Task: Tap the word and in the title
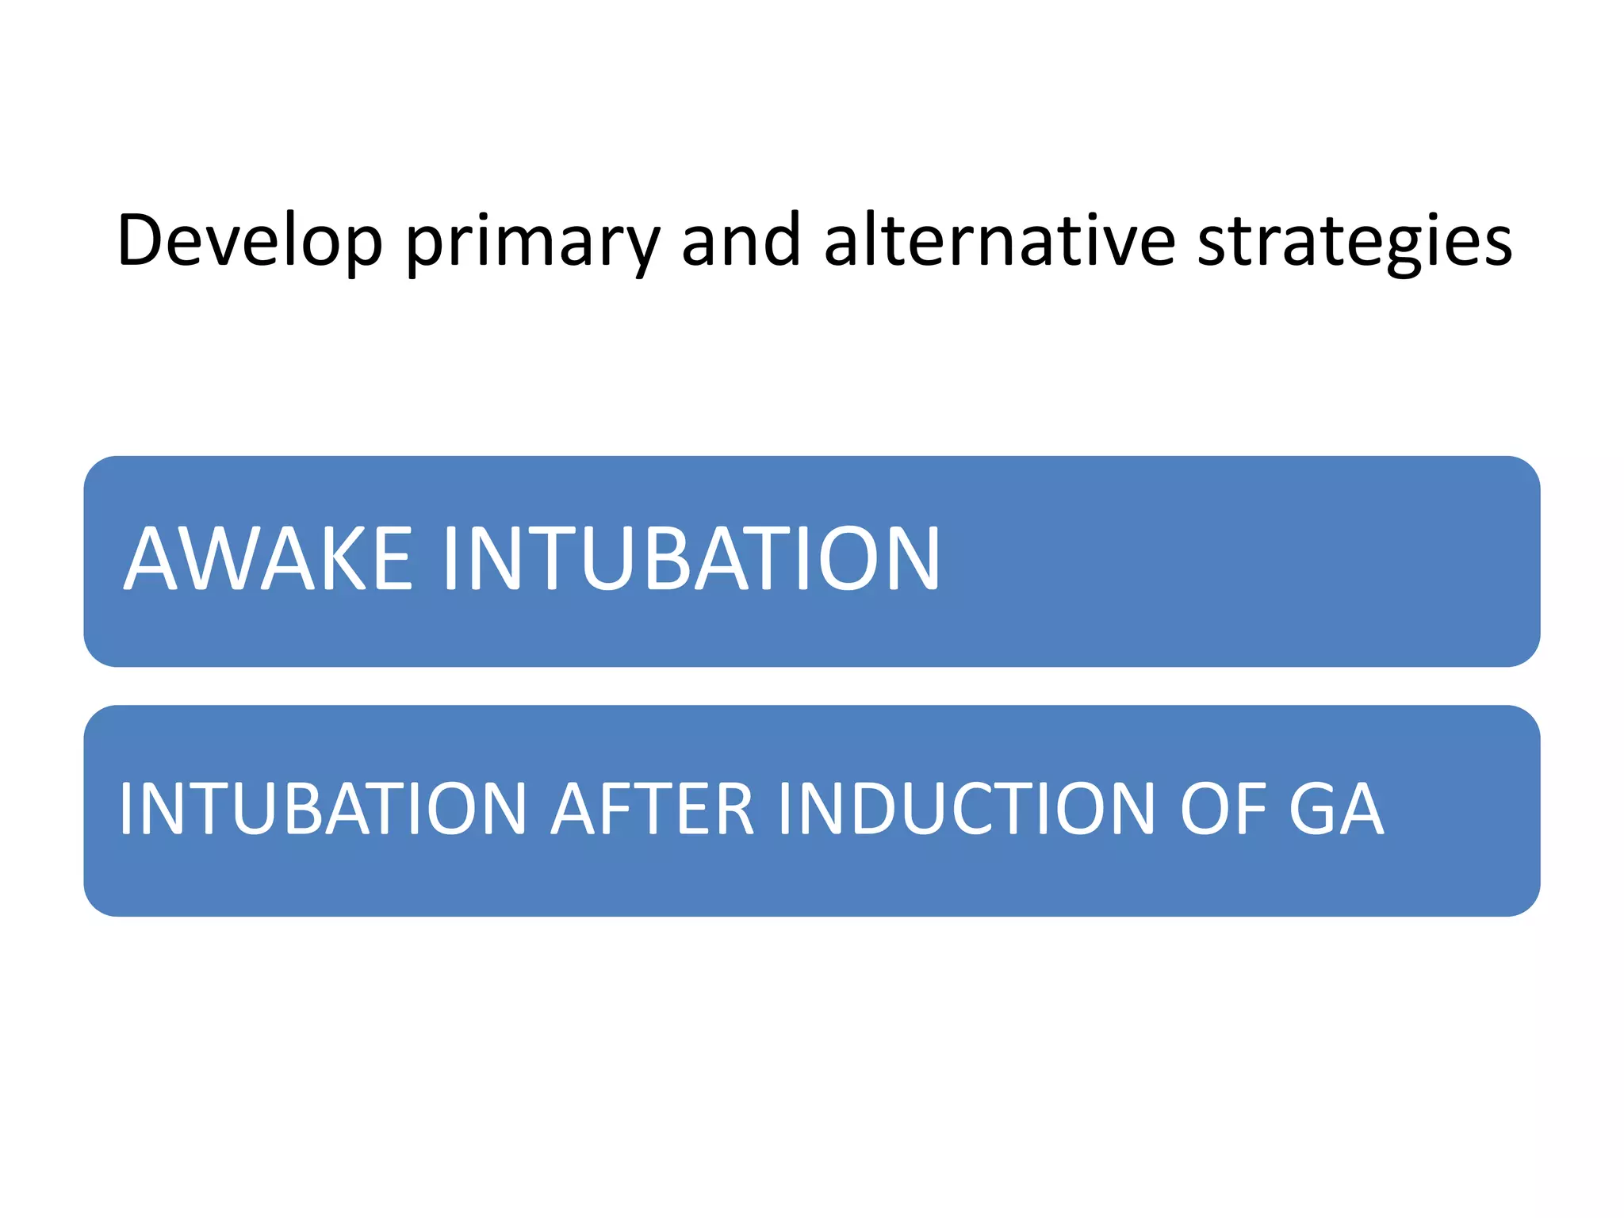point(741,241)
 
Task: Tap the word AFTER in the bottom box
point(653,809)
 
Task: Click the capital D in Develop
point(144,241)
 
